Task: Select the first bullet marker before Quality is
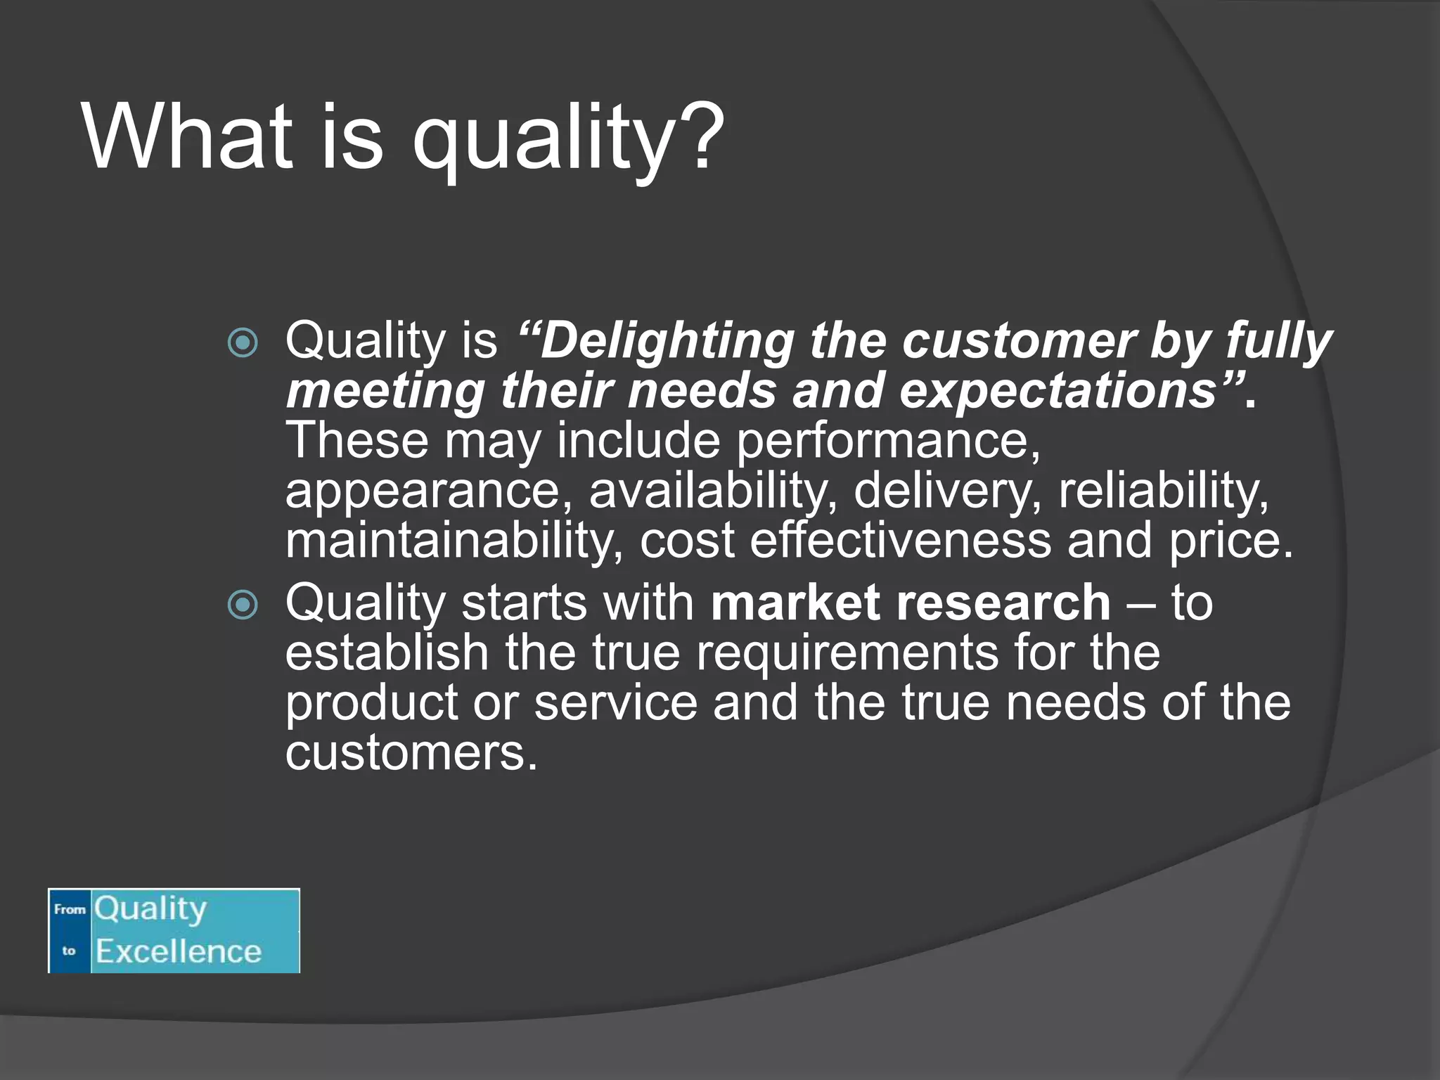click(x=243, y=343)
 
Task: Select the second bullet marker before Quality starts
click(x=243, y=605)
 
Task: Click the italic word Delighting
click(x=665, y=342)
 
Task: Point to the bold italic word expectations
click(x=1059, y=391)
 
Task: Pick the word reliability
click(x=1164, y=491)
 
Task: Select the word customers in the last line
click(x=411, y=753)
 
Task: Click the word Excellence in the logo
click(x=179, y=951)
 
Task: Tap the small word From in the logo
click(x=70, y=909)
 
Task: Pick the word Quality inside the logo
click(x=150, y=909)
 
